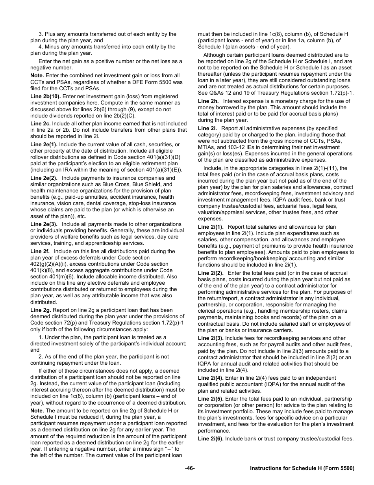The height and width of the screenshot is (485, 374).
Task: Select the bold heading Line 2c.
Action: (x=41, y=123)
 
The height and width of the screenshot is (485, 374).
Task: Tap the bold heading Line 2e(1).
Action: (x=44, y=145)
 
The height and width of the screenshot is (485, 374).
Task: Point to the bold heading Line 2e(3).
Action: (x=44, y=224)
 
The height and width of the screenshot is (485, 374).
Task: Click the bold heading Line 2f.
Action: (x=40, y=251)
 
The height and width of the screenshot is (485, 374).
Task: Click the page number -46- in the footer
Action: (x=190, y=468)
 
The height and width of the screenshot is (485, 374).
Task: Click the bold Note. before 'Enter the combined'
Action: (x=37, y=75)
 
